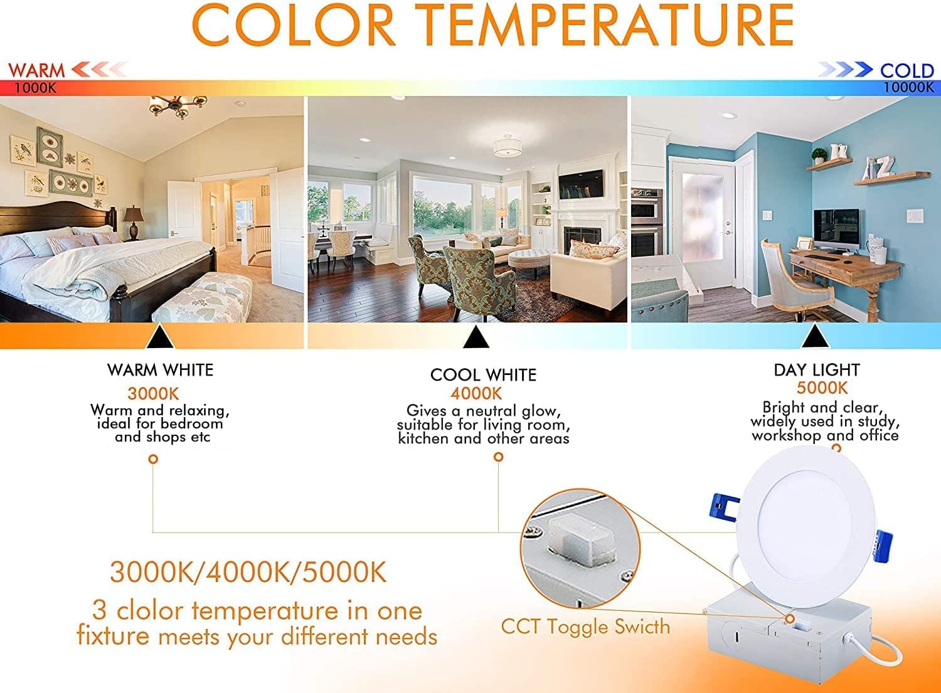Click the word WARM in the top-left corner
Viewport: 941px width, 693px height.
pyautogui.click(x=36, y=70)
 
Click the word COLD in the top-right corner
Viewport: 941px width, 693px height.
pyautogui.click(x=906, y=70)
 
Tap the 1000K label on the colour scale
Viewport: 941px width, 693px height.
pyautogui.click(x=35, y=88)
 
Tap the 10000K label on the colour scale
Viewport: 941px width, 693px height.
pyautogui.click(x=908, y=88)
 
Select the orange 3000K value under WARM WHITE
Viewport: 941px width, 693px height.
pyautogui.click(x=153, y=394)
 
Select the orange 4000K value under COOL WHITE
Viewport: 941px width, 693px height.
pyautogui.click(x=476, y=394)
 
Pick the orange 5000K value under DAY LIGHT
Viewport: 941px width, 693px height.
pyautogui.click(x=822, y=388)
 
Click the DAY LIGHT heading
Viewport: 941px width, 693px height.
pyautogui.click(x=816, y=370)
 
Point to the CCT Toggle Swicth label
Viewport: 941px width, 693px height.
pyautogui.click(x=585, y=627)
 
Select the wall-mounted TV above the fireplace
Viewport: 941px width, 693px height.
pyautogui.click(x=580, y=184)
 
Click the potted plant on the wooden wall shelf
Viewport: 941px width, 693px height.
pyautogui.click(x=819, y=155)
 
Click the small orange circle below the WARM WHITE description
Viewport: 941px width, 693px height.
pyautogui.click(x=153, y=459)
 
